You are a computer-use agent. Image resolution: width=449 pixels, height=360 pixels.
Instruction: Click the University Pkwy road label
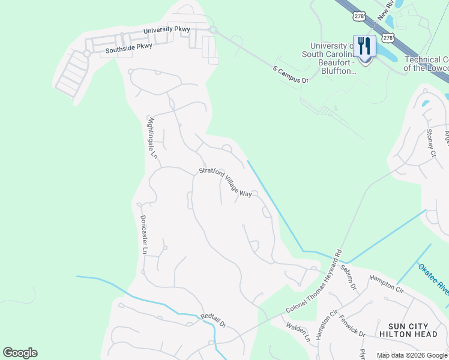[x=166, y=29]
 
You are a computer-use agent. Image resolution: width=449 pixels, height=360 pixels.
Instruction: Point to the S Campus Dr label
[x=291, y=74]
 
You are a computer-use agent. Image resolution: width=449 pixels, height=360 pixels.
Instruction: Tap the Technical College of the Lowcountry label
[x=426, y=64]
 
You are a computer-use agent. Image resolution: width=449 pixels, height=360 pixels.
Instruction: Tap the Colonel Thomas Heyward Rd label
[x=313, y=281]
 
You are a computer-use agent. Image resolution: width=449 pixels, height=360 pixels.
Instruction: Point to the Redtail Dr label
[x=213, y=321]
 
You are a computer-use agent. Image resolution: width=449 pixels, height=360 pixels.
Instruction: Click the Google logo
[x=20, y=353]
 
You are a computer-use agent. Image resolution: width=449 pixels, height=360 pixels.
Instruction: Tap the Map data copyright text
[x=412, y=355]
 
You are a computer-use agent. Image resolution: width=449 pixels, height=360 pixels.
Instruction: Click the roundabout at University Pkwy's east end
[x=212, y=29]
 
